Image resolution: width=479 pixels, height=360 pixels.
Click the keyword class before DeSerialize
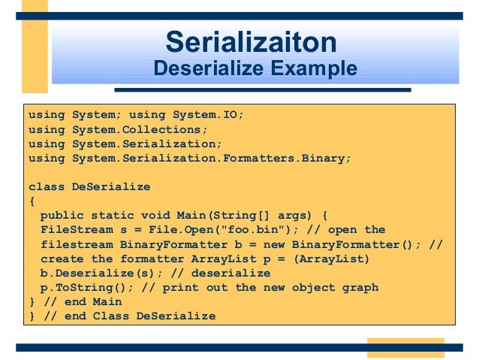click(47, 187)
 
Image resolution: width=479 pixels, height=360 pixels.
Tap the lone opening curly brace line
click(32, 201)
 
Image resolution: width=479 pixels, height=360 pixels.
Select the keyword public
click(62, 216)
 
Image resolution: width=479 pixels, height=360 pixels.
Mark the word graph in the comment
click(360, 287)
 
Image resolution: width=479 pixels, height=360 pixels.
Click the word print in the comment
click(180, 287)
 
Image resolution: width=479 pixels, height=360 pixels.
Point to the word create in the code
click(62, 259)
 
